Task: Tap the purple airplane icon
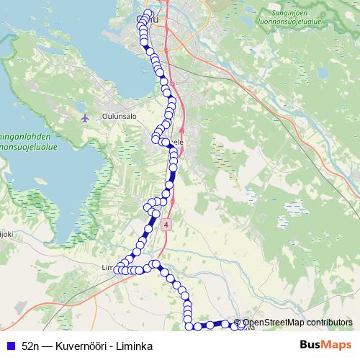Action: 86,117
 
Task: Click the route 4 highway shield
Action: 167,225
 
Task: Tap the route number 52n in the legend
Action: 31,346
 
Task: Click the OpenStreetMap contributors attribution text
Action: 297,323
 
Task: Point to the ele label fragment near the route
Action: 179,142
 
